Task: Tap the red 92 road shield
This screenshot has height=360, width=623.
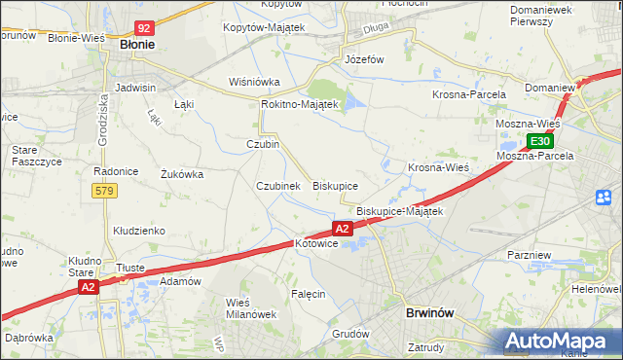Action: [x=145, y=29]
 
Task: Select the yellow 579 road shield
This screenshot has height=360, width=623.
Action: [x=105, y=191]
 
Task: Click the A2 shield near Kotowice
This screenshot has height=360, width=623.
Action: [x=342, y=229]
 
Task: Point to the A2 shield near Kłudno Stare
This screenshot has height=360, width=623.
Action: [x=89, y=287]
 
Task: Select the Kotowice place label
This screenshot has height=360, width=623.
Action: [x=315, y=244]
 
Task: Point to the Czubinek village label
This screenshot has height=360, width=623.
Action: [x=277, y=185]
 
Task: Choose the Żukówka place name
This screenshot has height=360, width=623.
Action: [x=181, y=175]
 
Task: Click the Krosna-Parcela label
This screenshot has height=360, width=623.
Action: [x=468, y=94]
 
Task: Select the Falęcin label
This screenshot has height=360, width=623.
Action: [x=308, y=293]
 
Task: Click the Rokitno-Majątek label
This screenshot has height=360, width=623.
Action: [x=299, y=104]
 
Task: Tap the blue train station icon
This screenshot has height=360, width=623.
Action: [x=603, y=198]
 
